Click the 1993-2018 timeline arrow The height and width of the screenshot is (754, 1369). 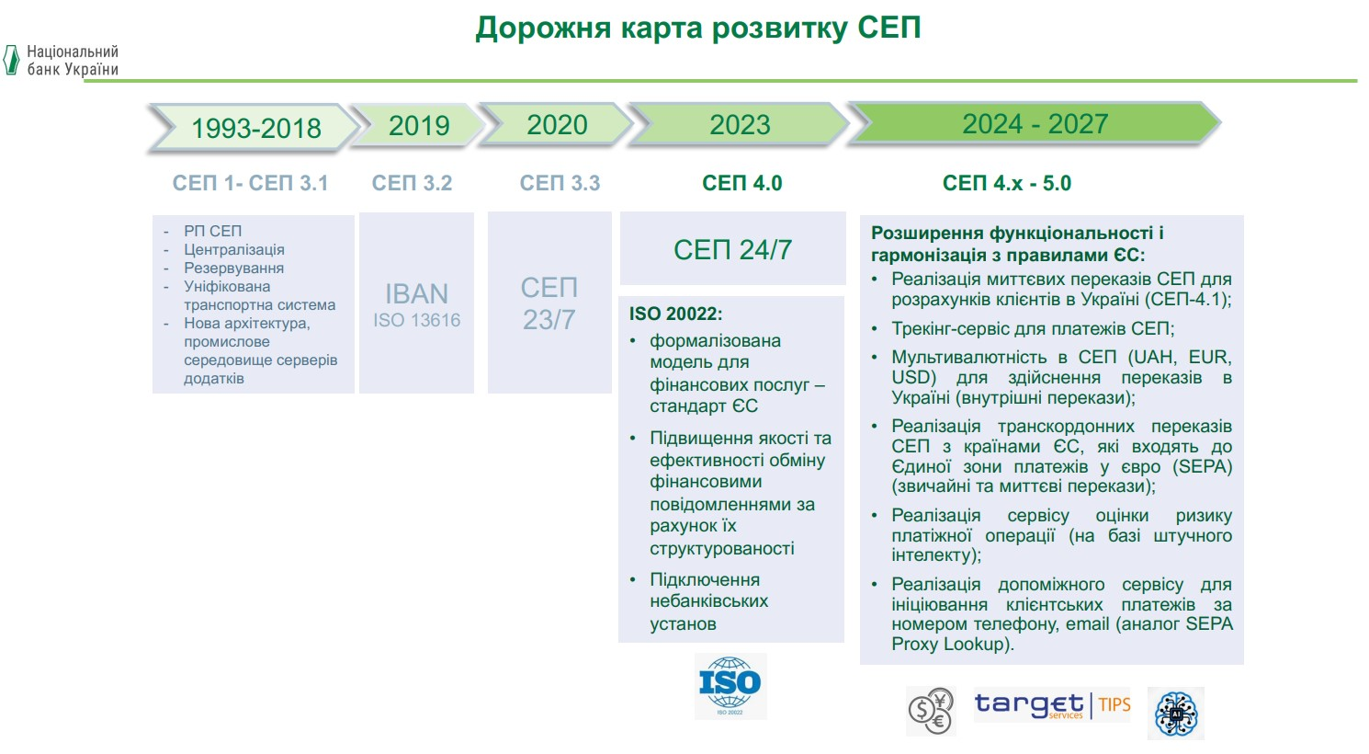pos(255,127)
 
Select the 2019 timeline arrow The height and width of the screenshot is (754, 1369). pos(419,125)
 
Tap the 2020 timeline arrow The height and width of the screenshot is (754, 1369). pos(556,124)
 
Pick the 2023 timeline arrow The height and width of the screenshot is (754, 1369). pos(739,124)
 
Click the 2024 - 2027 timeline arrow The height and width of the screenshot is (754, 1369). pos(1034,123)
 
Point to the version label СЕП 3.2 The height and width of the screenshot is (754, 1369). pos(412,183)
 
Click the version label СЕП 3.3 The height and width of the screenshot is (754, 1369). pos(560,183)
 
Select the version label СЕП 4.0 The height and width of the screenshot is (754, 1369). pos(742,183)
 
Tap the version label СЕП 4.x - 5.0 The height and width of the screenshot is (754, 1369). pos(1007,183)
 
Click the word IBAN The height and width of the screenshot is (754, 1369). pos(417,294)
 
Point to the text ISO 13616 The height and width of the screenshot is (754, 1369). pos(417,320)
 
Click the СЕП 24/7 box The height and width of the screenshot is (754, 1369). pos(733,248)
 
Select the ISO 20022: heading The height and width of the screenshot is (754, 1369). pos(676,314)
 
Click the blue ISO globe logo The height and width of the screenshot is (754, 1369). pos(730,686)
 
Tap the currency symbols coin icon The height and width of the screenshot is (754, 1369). pos(931,711)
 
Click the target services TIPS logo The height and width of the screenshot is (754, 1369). pos(1052,705)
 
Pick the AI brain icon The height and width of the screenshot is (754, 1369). pos(1176,713)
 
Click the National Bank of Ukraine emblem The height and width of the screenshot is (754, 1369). pos(11,60)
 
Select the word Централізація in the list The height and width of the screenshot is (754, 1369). pos(234,249)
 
